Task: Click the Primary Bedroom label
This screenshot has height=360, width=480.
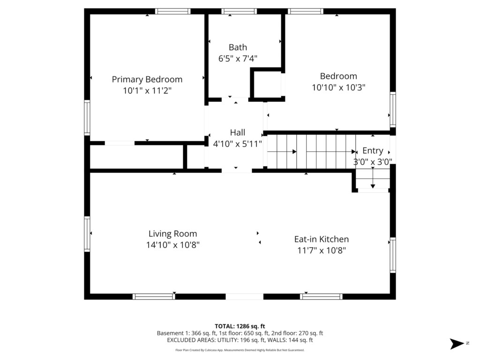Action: coord(147,80)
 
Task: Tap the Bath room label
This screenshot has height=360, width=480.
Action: coord(238,47)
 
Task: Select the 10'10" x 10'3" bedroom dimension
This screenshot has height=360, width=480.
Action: coord(338,88)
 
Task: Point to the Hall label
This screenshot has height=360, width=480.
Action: coord(238,133)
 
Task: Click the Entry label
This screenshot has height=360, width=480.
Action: coord(373,151)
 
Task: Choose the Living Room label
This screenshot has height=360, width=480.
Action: coord(172,234)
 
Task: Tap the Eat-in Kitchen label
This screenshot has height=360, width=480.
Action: coord(322,240)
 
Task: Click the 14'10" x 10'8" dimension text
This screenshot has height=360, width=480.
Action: coord(172,245)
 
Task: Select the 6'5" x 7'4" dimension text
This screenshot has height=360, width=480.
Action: coord(238,59)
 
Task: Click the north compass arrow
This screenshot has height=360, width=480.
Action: coord(457,344)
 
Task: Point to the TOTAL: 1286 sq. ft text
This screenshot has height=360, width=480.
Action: coord(240,326)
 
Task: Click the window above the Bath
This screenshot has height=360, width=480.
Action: coord(239,12)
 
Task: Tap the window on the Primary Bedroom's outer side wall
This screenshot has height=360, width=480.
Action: coord(87,118)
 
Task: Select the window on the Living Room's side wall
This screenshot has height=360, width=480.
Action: coord(87,234)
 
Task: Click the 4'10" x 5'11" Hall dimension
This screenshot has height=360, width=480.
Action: coord(238,144)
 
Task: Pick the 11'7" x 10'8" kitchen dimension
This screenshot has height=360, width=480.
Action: coord(322,251)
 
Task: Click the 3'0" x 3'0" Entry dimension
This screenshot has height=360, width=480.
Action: coord(373,162)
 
